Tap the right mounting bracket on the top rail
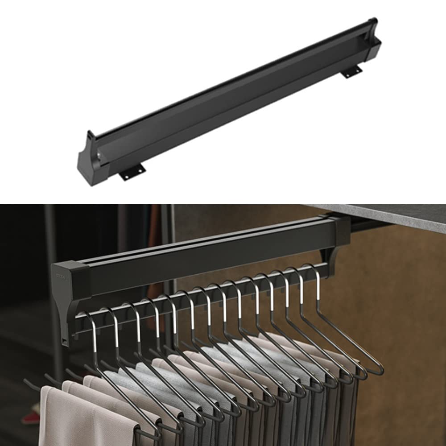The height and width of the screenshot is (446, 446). pos(352,72)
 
